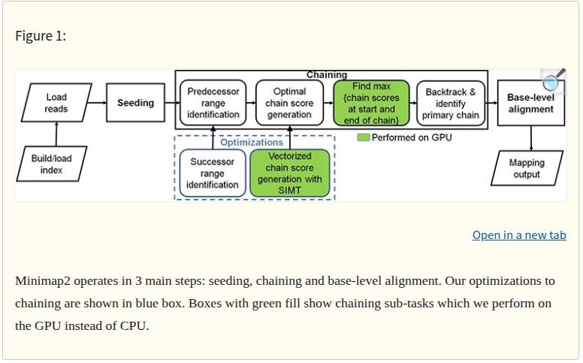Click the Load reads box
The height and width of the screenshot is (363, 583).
[x=56, y=103]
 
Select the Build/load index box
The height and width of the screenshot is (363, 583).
[x=52, y=164]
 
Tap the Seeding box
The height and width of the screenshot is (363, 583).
[x=135, y=103]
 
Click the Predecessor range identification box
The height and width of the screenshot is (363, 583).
[x=213, y=103]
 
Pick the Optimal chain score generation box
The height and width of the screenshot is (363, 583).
[x=289, y=103]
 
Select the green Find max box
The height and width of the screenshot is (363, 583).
[x=371, y=103]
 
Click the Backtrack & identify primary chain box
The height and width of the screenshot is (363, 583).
[x=450, y=103]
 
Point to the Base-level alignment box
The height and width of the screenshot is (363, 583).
[x=530, y=104]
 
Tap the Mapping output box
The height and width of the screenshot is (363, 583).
[x=526, y=168]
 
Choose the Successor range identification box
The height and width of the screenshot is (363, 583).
[x=212, y=173]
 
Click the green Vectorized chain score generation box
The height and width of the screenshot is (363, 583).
[x=289, y=174]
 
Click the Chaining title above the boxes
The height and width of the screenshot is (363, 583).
[x=327, y=75]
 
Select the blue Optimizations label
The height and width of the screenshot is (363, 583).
[x=252, y=142]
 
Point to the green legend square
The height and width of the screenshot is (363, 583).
[x=363, y=138]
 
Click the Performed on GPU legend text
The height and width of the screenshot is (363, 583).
[x=412, y=138]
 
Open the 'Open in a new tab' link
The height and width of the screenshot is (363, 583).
[x=519, y=235]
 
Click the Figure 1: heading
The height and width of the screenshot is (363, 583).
[x=41, y=36]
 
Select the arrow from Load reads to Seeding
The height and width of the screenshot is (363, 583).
[x=98, y=103]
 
